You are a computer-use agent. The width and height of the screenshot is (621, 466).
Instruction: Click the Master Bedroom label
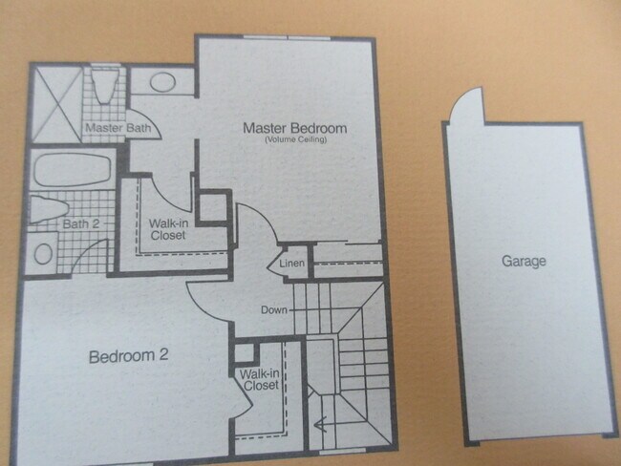pos(294,128)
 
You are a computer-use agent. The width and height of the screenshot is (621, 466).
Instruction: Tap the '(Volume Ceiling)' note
pos(296,140)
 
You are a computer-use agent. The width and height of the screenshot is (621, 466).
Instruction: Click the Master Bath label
pos(114,127)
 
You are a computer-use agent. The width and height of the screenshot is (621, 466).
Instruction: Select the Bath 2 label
pos(81,224)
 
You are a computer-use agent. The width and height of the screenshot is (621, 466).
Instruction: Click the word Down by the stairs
pos(276,309)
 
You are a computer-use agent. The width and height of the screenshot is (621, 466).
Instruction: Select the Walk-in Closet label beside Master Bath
pos(167,229)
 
